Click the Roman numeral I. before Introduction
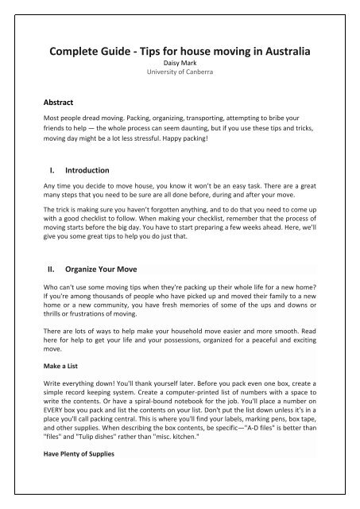pyautogui.click(x=52, y=169)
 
